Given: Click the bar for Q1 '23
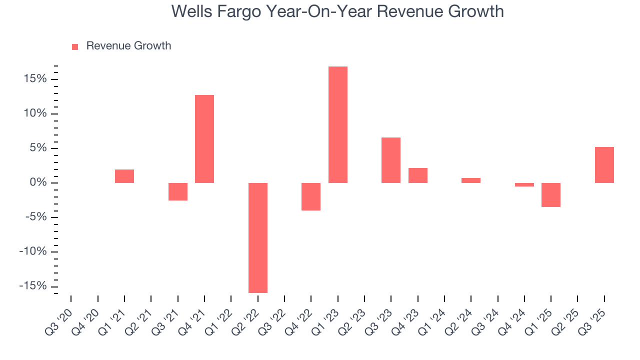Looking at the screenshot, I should coord(337,124).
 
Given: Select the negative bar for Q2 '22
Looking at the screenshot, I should coord(257,237).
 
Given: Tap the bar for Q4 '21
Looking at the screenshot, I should coord(204,138).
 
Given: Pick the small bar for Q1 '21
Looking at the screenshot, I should coord(124,176).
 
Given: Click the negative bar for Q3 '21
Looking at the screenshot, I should coord(177,191).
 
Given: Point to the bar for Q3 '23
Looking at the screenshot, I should coord(391,160).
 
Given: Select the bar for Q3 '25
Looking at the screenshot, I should coord(604,164).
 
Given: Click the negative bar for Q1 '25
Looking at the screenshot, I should coord(550,195).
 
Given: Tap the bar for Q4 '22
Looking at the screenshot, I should coord(311,196).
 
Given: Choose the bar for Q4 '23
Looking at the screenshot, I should coord(417,175).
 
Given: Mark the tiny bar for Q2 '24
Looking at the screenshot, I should coord(471,180).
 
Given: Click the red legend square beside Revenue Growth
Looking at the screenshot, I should coord(75,46).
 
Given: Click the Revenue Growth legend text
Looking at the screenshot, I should coord(128,46).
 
